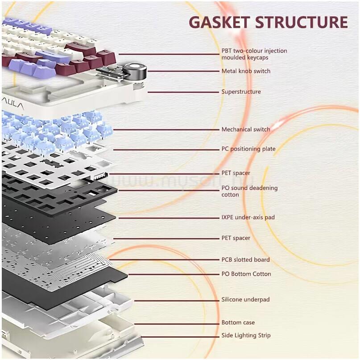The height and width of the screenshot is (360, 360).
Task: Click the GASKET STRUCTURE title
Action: coord(268,22)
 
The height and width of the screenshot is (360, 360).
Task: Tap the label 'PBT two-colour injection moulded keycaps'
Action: coord(254,54)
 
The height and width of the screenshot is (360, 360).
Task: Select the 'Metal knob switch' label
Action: coord(246,71)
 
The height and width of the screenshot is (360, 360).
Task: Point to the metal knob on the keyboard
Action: coord(135,71)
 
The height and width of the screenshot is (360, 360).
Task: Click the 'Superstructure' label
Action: coord(241,92)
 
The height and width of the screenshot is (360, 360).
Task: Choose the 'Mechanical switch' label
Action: coord(246,130)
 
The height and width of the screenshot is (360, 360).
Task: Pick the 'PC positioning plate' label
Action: coord(248,149)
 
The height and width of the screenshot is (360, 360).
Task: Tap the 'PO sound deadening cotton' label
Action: coord(249,191)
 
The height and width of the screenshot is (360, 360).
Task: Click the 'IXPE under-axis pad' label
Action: coord(248,217)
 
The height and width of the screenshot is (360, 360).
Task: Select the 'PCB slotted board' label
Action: coord(245,260)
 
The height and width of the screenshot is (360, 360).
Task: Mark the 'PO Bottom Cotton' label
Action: coord(246,274)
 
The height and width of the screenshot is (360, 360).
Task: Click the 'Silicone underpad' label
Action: coord(245,300)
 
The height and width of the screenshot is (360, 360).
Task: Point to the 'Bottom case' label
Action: coord(238,322)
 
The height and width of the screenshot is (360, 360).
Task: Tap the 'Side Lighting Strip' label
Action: coord(246,335)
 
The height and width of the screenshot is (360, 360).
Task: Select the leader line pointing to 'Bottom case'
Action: coord(177,324)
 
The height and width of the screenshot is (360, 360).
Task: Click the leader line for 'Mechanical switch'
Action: coord(166,130)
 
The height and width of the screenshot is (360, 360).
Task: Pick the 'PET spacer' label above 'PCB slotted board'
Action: coord(236,238)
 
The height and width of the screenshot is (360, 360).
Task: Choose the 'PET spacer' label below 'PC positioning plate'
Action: coord(236,173)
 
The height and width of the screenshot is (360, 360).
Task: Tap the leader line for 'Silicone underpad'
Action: coord(177,301)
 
